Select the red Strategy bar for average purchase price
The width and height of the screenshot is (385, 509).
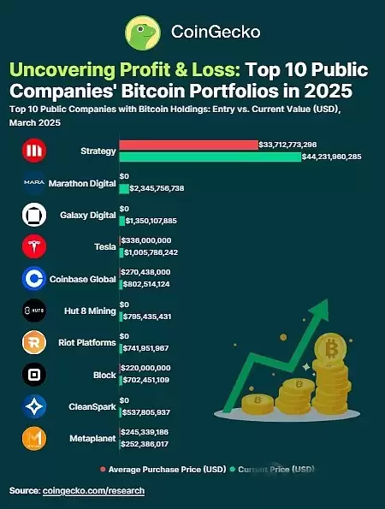(x=188, y=145)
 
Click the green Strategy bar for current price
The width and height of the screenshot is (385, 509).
(x=210, y=157)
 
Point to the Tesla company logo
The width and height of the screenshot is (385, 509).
(x=34, y=246)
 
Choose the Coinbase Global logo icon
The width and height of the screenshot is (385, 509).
(x=34, y=278)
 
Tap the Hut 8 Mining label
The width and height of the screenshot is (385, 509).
(x=86, y=311)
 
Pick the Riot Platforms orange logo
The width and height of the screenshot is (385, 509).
(x=34, y=343)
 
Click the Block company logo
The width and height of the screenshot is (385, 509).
(x=34, y=375)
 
